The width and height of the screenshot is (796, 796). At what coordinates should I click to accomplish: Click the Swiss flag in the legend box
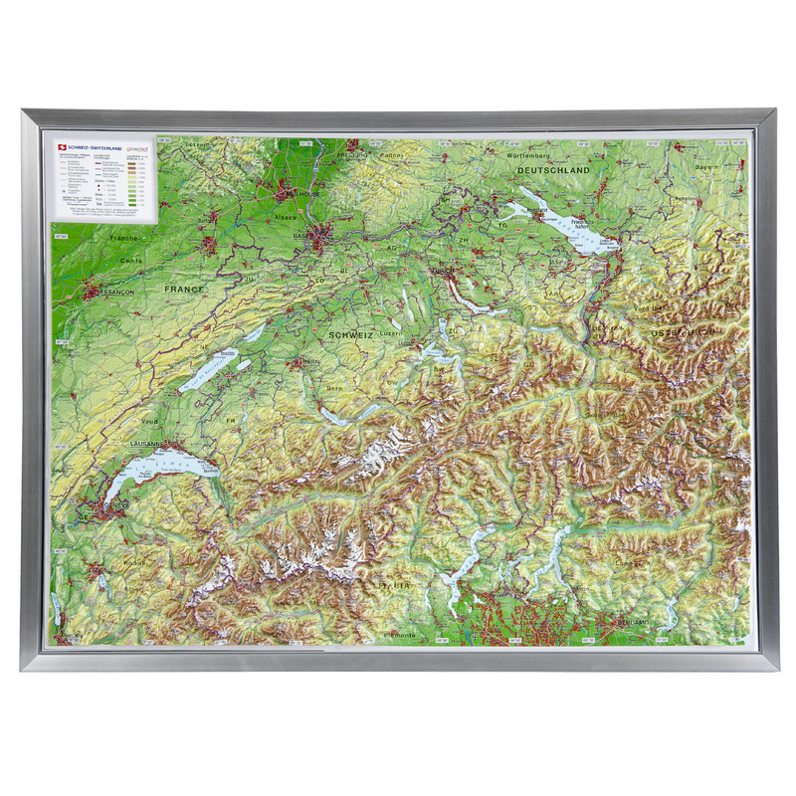coord(62,145)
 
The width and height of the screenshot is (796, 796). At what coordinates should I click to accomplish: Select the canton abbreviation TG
coord(501,225)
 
